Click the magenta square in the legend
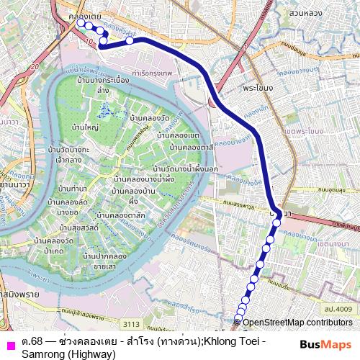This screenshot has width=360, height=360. (x=9, y=342)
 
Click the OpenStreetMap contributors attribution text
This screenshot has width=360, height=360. (x=300, y=321)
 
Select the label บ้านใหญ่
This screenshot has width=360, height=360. (x=85, y=127)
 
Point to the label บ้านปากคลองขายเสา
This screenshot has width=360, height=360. (x=107, y=261)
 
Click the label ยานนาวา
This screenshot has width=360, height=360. (x=9, y=184)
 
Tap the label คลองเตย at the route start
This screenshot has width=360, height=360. (x=75, y=14)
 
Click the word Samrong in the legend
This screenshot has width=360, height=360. (x=44, y=354)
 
